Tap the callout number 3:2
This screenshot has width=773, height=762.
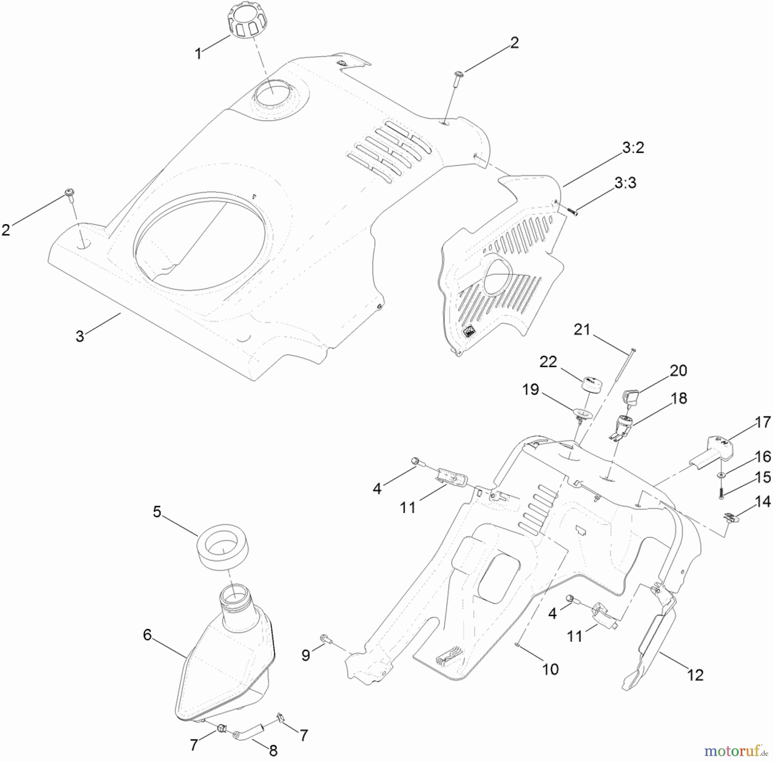click(633, 148)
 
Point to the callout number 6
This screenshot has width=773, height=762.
click(147, 634)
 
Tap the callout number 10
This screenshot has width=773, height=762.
click(551, 669)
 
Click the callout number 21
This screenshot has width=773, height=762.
click(582, 331)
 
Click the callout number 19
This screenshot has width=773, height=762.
click(530, 390)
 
